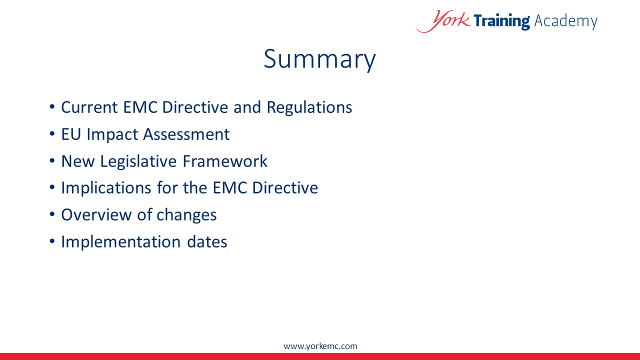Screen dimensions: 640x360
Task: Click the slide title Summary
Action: click(x=319, y=59)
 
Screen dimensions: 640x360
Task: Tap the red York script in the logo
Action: click(x=443, y=21)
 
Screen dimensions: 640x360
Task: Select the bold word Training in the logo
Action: click(x=501, y=21)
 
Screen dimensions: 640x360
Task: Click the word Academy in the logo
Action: click(x=565, y=21)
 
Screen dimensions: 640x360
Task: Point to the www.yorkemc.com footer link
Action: click(x=320, y=346)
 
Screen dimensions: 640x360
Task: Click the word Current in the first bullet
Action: click(x=89, y=107)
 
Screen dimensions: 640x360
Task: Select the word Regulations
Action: click(x=309, y=108)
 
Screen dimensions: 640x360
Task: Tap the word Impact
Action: click(x=112, y=135)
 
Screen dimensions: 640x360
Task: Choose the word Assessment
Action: click(x=186, y=134)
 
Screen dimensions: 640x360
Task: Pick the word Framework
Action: click(x=225, y=161)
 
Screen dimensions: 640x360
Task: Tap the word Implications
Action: click(x=106, y=188)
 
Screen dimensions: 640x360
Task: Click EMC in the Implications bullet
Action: click(x=229, y=188)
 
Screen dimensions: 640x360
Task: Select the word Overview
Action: click(x=96, y=215)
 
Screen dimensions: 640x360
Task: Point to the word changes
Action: click(x=186, y=215)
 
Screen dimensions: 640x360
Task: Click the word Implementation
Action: click(x=121, y=242)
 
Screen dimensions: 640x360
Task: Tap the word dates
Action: click(x=207, y=241)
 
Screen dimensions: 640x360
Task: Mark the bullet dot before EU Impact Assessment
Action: click(x=52, y=133)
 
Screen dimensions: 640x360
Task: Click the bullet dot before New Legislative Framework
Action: click(x=52, y=161)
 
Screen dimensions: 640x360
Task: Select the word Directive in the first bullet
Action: click(x=195, y=107)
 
